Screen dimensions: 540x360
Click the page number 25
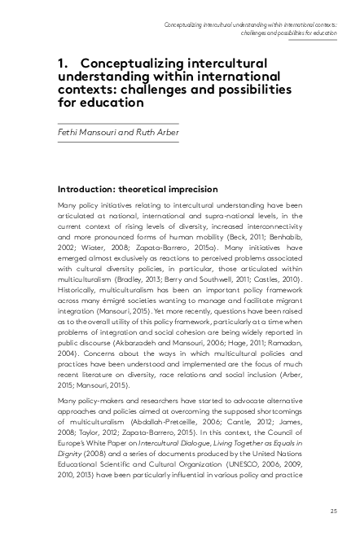pos(333,511)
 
